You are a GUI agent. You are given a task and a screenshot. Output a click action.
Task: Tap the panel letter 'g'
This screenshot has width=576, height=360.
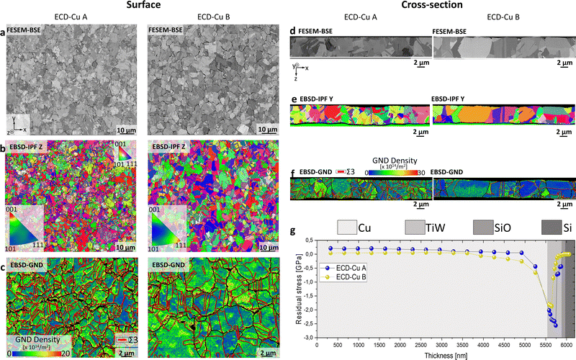pyautogui.click(x=292, y=231)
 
